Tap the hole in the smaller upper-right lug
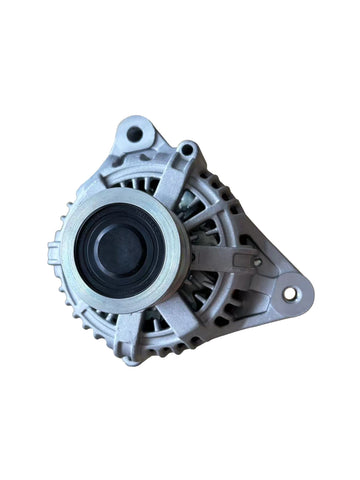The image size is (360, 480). pos(185,151)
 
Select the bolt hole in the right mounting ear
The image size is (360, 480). pos(290,294)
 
